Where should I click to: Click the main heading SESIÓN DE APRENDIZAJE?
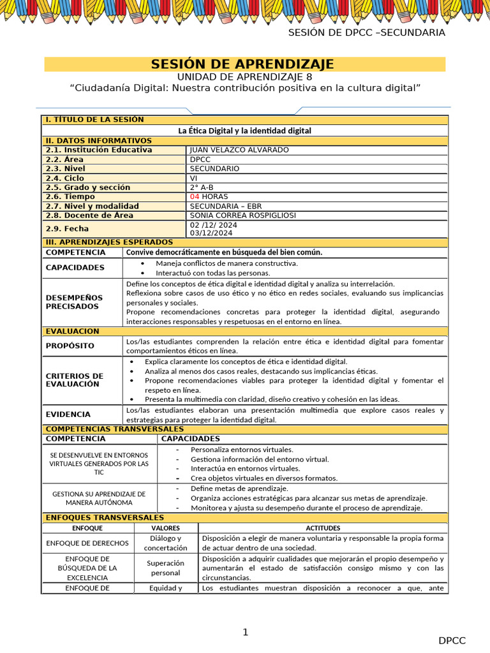click(x=242, y=64)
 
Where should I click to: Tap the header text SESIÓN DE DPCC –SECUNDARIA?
click(x=366, y=33)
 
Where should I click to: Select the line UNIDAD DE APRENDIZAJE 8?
click(x=244, y=77)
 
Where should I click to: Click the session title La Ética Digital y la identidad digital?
click(x=245, y=131)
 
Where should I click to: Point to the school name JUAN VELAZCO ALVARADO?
click(x=230, y=150)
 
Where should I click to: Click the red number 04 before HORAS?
click(x=195, y=197)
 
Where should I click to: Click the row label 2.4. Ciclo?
click(x=65, y=179)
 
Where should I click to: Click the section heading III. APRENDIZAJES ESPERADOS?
click(x=108, y=242)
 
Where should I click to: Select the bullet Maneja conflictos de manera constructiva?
click(x=226, y=263)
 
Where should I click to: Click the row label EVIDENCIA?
click(x=68, y=415)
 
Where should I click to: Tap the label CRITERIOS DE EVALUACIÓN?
click(x=74, y=380)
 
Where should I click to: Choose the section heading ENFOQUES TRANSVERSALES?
click(x=105, y=518)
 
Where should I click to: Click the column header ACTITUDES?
click(x=323, y=528)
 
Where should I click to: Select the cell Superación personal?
click(x=165, y=568)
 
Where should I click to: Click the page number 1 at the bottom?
click(x=245, y=632)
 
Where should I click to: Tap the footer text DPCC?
click(x=452, y=641)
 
